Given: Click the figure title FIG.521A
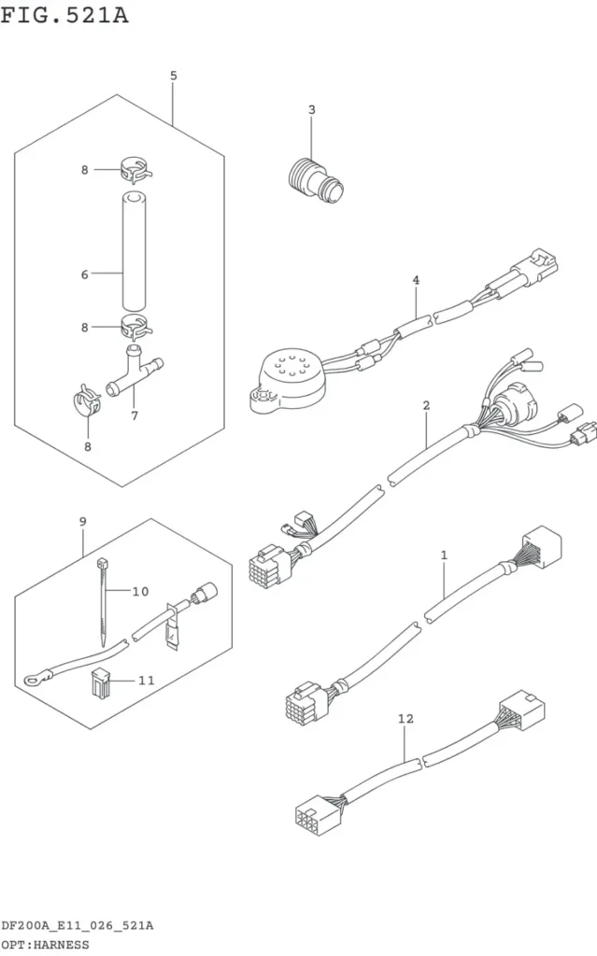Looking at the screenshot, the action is (x=64, y=15).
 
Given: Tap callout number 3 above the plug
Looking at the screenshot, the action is (x=312, y=110).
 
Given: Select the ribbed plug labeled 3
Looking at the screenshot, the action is (x=315, y=180).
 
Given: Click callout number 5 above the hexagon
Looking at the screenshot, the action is (x=174, y=76).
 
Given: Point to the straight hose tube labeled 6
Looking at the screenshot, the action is (x=134, y=251).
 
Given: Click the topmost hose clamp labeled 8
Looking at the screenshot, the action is (x=135, y=170).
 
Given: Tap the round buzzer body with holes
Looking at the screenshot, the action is (x=289, y=379).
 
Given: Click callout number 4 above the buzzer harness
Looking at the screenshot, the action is (x=416, y=280).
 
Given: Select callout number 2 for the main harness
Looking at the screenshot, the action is (x=426, y=405).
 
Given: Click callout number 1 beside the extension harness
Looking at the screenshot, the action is (x=444, y=555).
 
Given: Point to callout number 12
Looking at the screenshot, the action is (x=405, y=719).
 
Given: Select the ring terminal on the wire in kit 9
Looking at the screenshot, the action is (x=29, y=677).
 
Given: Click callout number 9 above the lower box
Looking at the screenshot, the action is (x=83, y=522).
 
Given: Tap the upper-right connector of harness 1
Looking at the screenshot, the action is (x=542, y=544).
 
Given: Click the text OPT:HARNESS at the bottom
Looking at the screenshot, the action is (x=45, y=945).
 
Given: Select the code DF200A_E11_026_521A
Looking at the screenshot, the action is (x=77, y=925).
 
